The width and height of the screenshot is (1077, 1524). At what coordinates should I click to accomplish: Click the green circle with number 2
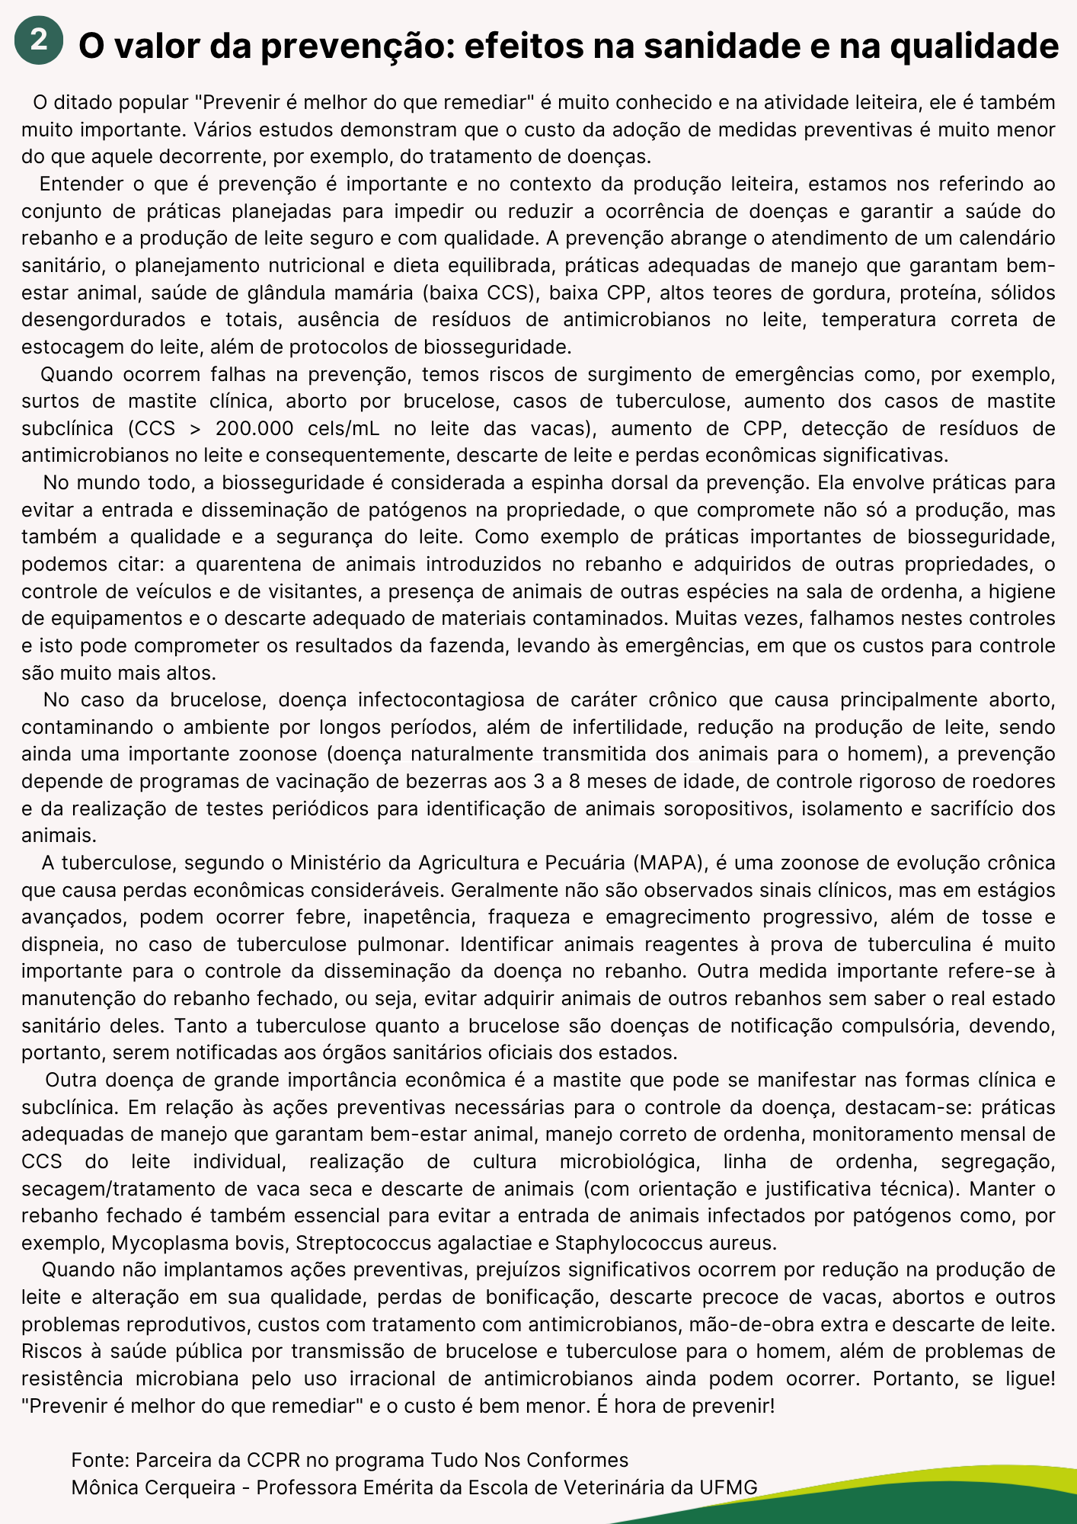click(x=38, y=40)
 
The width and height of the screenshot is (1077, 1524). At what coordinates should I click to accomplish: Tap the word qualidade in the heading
click(x=974, y=46)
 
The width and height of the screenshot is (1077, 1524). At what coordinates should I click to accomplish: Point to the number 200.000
click(x=254, y=428)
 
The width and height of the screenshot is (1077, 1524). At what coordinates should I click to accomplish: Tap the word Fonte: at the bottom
click(x=101, y=1459)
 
